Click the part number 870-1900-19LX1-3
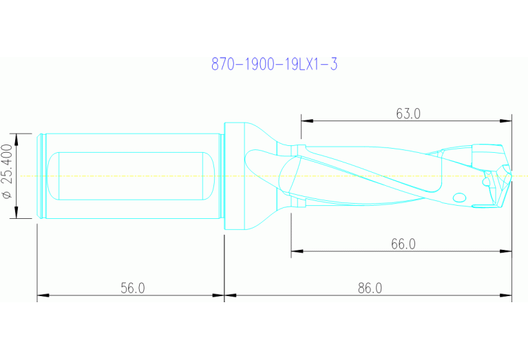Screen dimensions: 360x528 tap(274, 65)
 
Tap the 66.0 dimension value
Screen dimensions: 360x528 tap(403, 244)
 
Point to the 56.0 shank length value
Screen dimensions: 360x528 tap(132, 288)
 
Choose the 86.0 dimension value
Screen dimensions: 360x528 tap(370, 288)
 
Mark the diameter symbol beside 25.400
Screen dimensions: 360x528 tap(8, 195)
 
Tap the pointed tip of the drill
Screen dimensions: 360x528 tap(511, 176)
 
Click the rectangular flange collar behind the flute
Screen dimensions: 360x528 tap(234, 176)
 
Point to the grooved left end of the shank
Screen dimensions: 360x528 tap(41, 176)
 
